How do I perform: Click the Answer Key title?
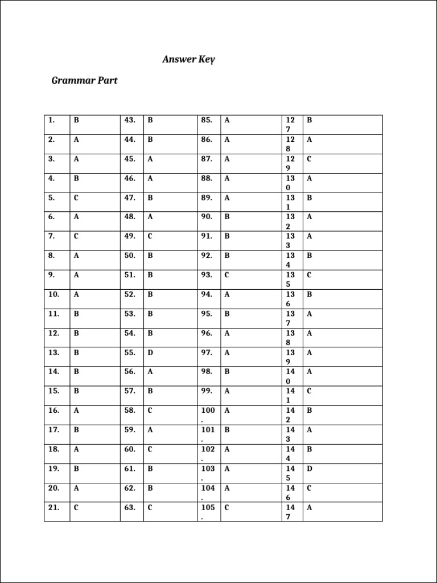(x=188, y=59)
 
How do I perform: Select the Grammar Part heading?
(x=84, y=80)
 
